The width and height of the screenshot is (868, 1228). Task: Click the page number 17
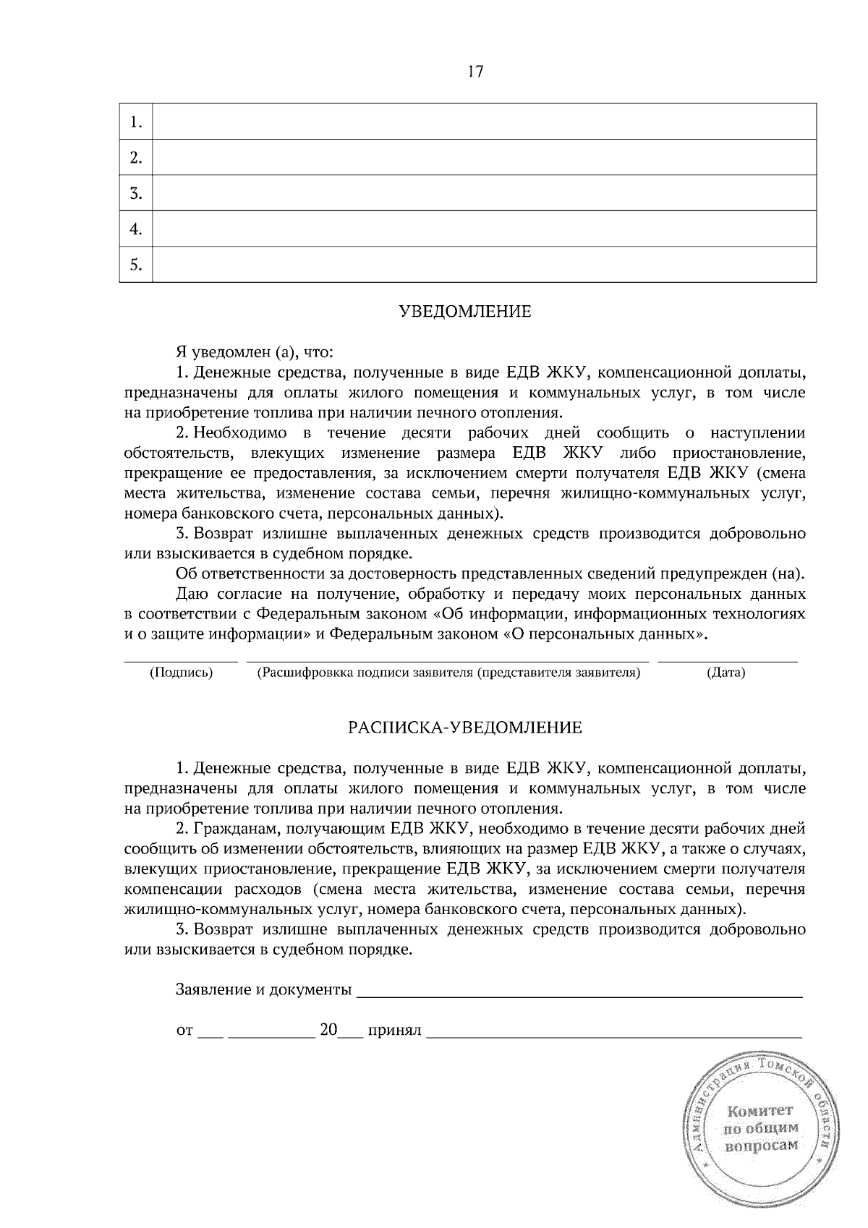(x=475, y=72)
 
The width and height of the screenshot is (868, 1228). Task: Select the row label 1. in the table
(x=135, y=122)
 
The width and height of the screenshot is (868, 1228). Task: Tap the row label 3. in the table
(x=135, y=193)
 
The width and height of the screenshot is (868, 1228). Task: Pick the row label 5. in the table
(x=135, y=265)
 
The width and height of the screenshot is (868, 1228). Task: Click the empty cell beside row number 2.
(x=484, y=158)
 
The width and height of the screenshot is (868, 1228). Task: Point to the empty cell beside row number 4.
(x=484, y=229)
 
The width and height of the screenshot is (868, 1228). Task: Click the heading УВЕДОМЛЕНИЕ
(x=464, y=312)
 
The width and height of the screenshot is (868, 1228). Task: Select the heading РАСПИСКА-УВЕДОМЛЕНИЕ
(x=464, y=728)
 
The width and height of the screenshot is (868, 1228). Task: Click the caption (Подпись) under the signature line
(x=181, y=673)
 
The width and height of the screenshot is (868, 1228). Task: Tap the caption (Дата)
(x=726, y=673)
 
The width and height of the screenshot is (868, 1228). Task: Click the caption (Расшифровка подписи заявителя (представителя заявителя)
(x=448, y=673)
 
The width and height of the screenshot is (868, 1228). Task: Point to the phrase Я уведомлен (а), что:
(x=254, y=353)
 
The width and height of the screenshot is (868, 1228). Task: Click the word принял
(x=394, y=1030)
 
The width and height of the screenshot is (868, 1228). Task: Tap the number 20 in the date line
(x=328, y=1030)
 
